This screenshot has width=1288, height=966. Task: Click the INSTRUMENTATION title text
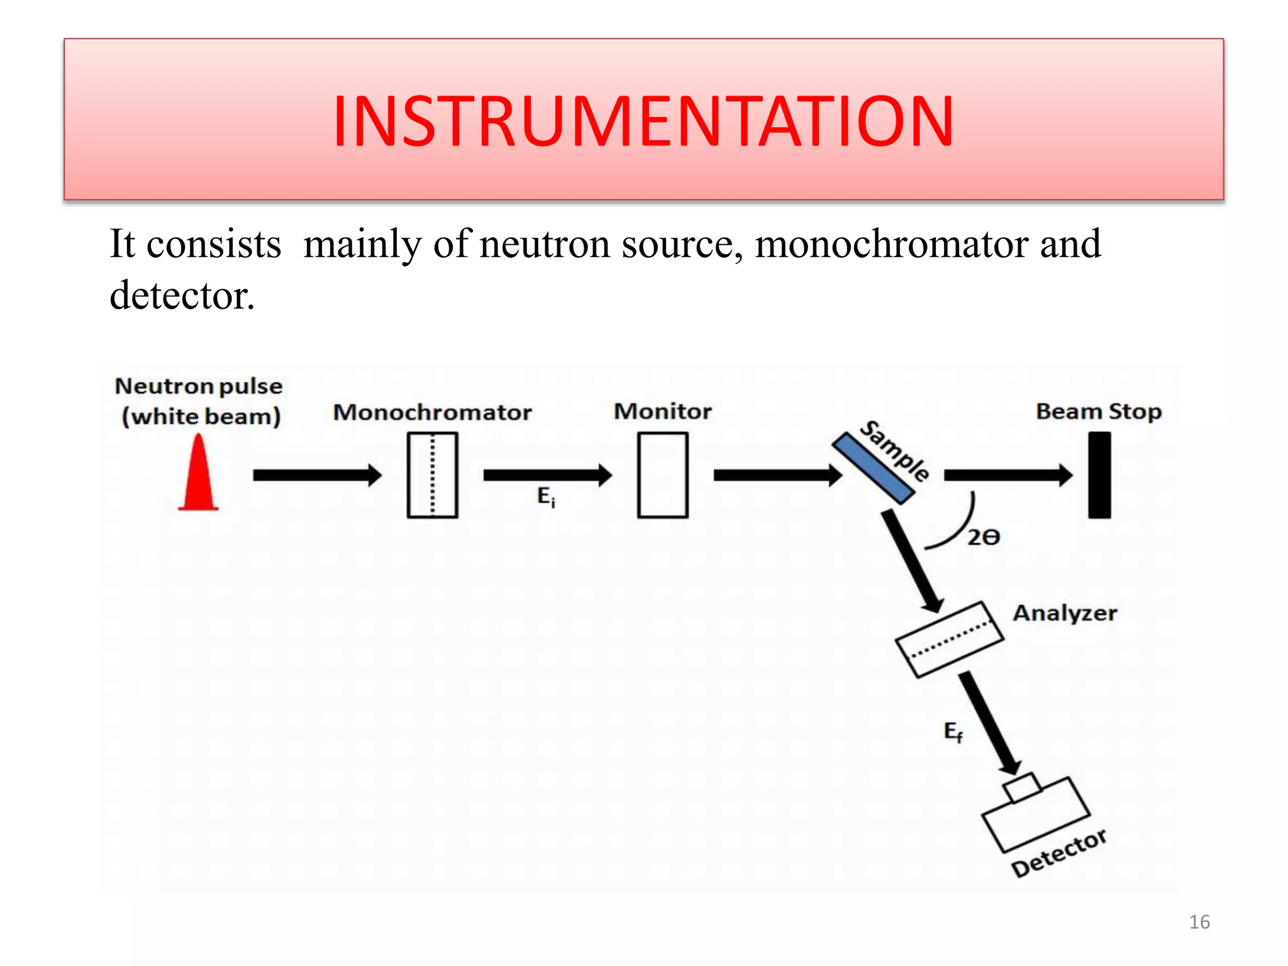click(x=643, y=121)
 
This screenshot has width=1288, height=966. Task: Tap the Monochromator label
click(x=432, y=413)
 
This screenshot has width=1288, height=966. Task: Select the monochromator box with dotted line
click(x=432, y=475)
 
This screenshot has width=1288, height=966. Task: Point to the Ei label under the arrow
click(x=546, y=497)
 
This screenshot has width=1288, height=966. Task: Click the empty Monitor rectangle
click(x=662, y=475)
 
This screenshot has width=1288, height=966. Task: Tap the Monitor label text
click(x=662, y=411)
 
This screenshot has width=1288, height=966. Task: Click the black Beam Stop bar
click(x=1099, y=475)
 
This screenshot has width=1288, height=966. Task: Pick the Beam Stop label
click(x=1098, y=411)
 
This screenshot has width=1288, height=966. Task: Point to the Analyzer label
click(x=1065, y=613)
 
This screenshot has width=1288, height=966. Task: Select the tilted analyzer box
click(x=949, y=640)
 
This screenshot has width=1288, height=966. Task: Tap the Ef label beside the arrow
click(x=953, y=732)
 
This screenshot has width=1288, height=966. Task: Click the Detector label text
click(x=1058, y=853)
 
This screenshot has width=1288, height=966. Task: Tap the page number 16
click(x=1199, y=922)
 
